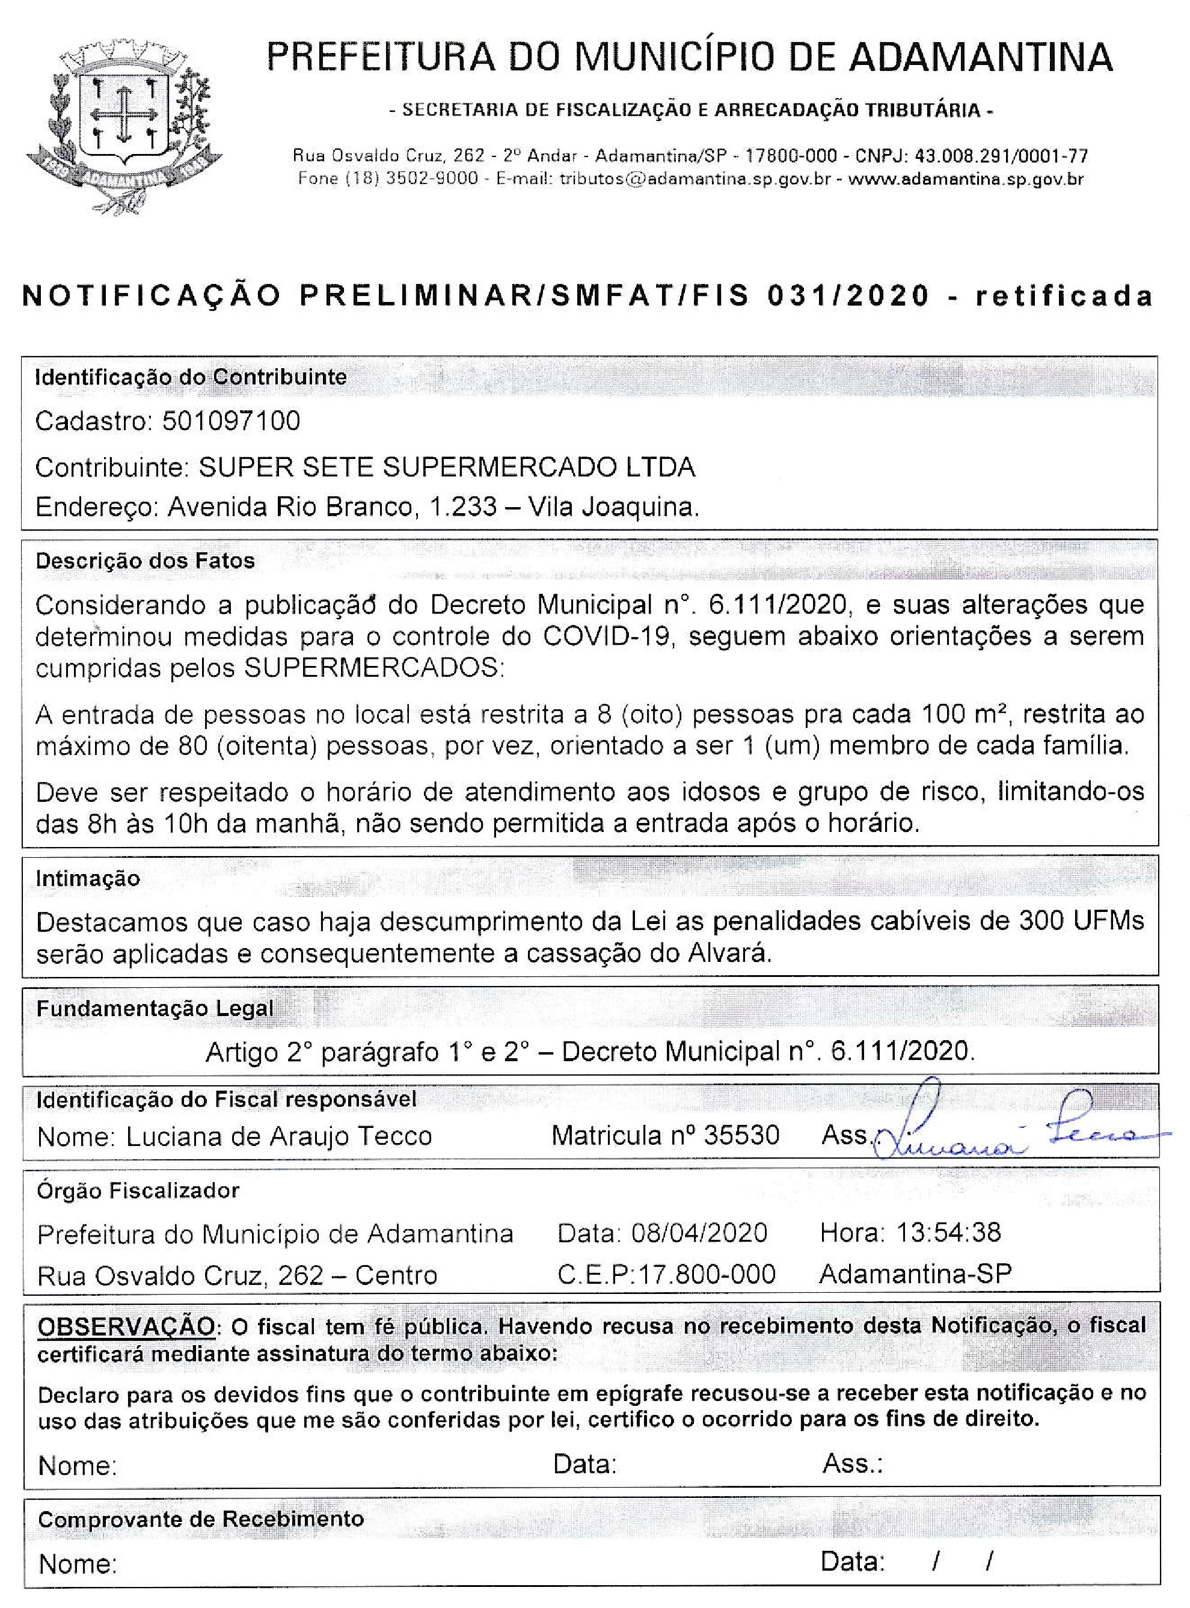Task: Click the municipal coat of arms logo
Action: coord(124,123)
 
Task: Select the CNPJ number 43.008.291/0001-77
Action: coord(1001,156)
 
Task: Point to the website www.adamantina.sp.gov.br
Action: coord(966,179)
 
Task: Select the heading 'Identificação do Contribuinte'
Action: coord(191,377)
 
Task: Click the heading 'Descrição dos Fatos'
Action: coord(146,561)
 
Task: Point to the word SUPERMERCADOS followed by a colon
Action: coord(375,668)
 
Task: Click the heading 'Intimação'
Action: coord(88,878)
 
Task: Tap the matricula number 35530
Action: coord(741,1135)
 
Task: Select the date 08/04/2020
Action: coord(699,1233)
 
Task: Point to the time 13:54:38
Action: coord(949,1233)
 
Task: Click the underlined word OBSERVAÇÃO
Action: coord(125,1326)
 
